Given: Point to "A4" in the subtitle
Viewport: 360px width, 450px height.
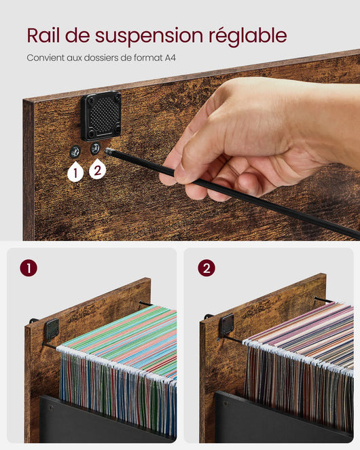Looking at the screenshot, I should (170, 58).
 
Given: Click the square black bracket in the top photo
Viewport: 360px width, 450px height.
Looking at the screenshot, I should (101, 116).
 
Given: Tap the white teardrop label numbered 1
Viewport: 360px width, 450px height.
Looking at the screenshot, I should (75, 172).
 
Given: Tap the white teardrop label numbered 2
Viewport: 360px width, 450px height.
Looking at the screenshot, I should (96, 169).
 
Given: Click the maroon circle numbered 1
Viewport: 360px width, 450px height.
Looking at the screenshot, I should (28, 268).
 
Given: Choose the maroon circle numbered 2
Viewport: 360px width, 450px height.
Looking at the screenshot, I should (206, 268).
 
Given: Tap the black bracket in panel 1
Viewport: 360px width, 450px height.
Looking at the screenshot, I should (52, 329).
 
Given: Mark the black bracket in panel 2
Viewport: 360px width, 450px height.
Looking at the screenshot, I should (226, 324).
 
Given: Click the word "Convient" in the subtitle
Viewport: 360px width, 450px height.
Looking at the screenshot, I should (45, 58).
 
